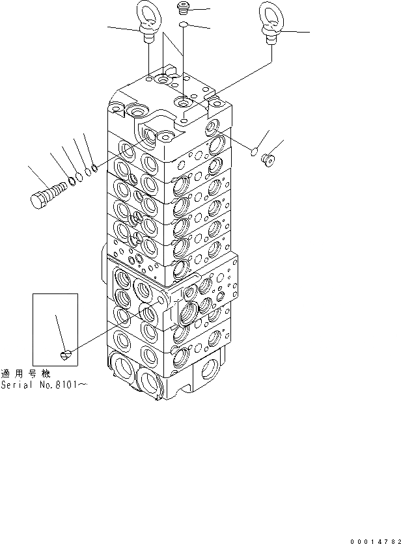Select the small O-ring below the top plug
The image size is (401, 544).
(184, 25)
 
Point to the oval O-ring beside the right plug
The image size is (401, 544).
(255, 152)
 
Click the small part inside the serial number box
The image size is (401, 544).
(65, 354)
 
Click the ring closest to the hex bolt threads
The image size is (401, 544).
(72, 181)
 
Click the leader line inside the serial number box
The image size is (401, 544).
(60, 332)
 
